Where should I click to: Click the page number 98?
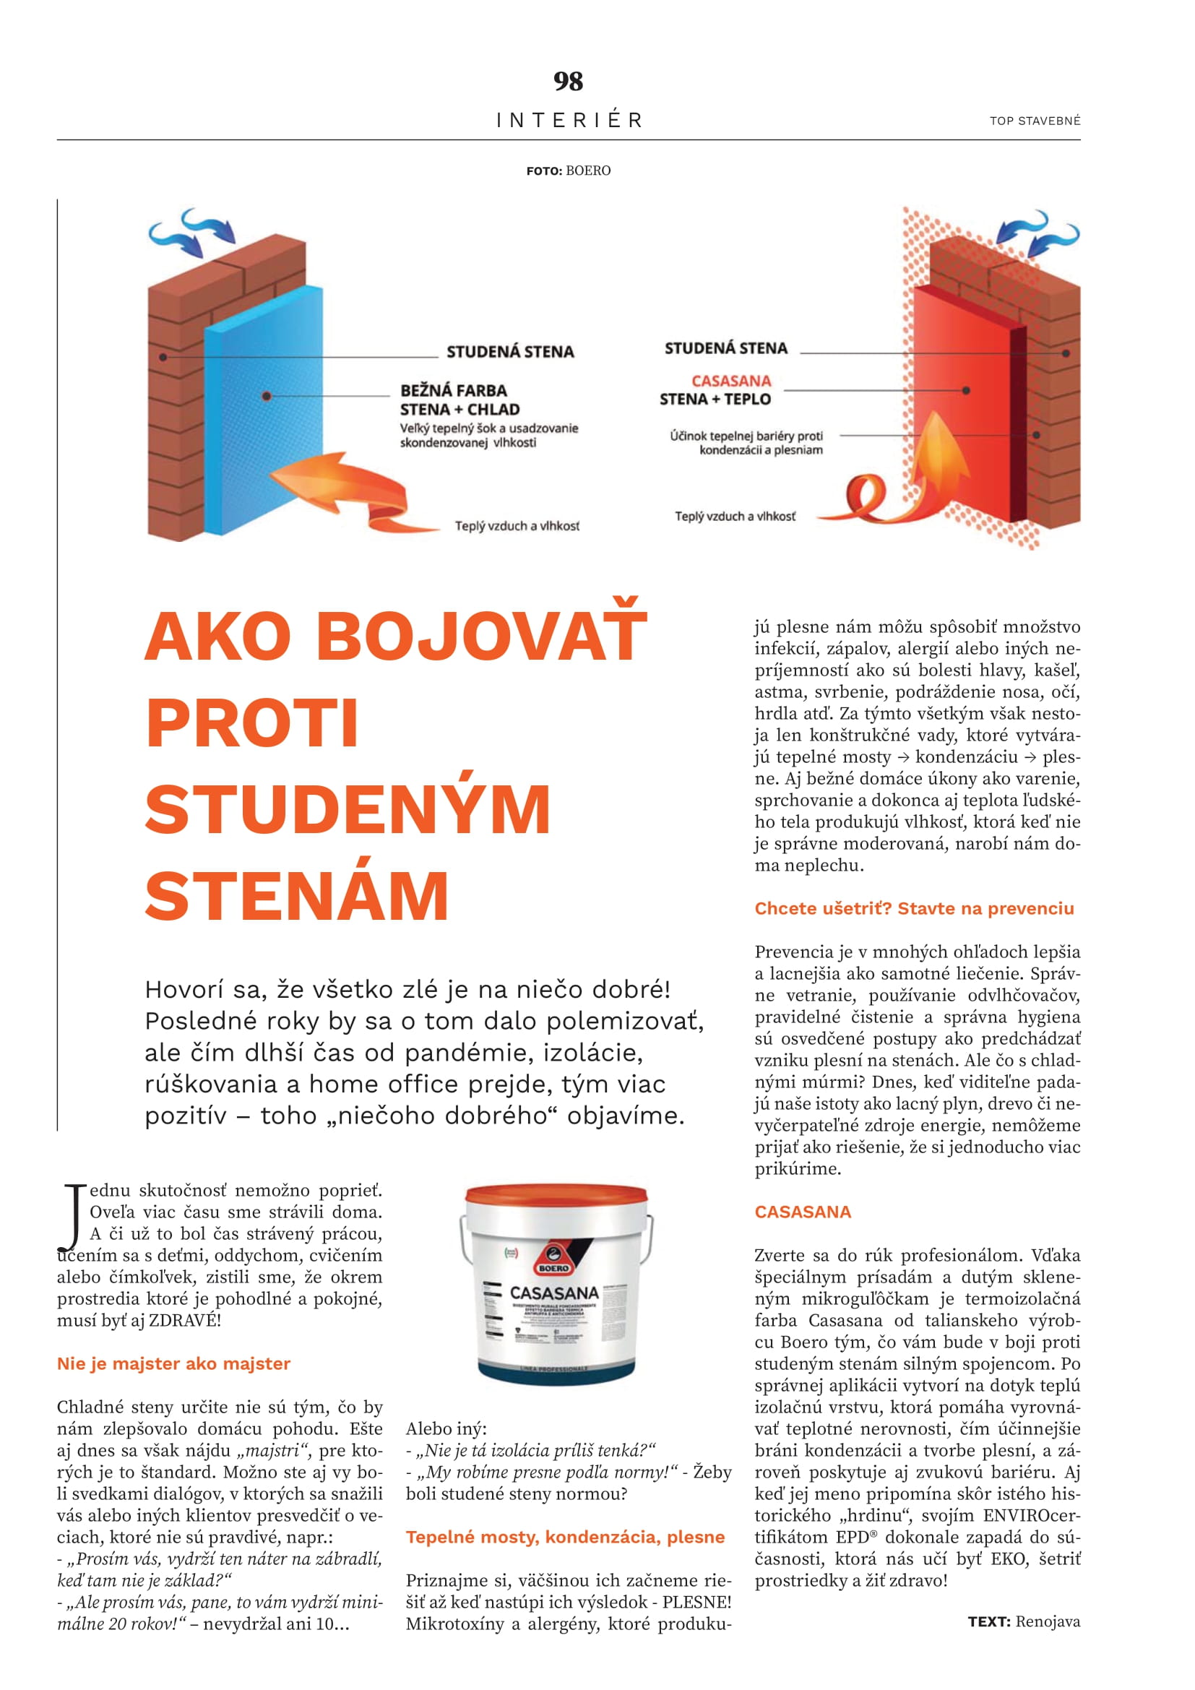[x=568, y=81]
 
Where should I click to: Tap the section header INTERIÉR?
[x=569, y=120]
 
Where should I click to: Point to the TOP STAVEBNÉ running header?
[x=1035, y=121]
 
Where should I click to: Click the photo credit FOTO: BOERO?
[x=568, y=171]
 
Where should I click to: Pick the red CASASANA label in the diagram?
[x=730, y=381]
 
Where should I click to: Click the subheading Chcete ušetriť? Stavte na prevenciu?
[x=914, y=908]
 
